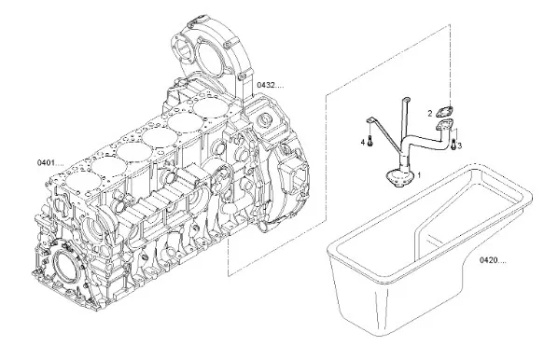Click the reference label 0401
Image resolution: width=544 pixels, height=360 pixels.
pos(50,162)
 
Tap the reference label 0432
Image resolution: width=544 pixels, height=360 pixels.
pos(271,85)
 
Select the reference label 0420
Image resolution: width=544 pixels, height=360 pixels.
pos(493,260)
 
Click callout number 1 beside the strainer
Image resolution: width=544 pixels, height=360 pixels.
pos(419,174)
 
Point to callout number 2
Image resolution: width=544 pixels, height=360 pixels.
pos(430,113)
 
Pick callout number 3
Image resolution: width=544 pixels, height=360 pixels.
pos(460,145)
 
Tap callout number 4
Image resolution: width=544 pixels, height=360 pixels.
pos(363,142)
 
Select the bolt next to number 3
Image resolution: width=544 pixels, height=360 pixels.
pos(453,145)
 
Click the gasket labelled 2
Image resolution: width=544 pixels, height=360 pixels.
pos(445,112)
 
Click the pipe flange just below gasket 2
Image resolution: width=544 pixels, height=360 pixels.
pos(445,125)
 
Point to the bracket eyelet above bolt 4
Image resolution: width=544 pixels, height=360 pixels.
pos(370,120)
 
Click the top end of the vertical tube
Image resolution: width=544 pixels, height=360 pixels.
pos(407,100)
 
